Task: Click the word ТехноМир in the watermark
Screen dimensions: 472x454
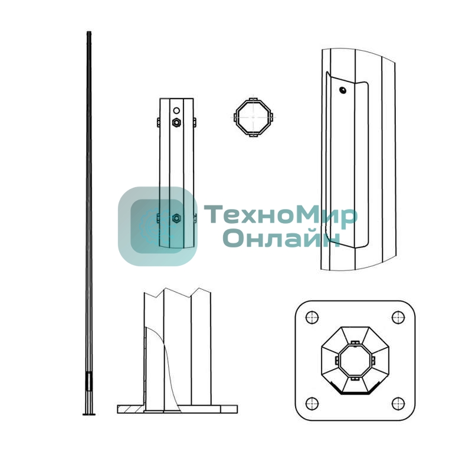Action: coord(281,214)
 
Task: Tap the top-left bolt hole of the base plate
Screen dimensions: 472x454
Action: coord(312,318)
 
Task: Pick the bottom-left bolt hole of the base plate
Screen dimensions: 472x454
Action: coord(312,403)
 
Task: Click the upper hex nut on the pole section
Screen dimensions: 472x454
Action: coord(176,123)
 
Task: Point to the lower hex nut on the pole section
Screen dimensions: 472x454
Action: coord(176,218)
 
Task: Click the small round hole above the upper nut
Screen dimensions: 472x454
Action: coord(176,110)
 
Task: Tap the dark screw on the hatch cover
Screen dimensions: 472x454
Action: coord(342,90)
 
